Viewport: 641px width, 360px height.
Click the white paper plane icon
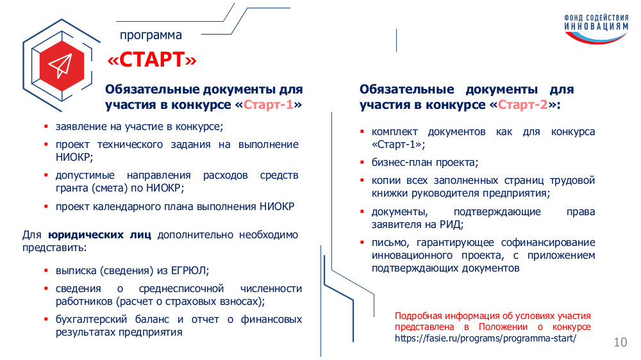pos(60,65)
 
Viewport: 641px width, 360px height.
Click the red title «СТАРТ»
pos(152,60)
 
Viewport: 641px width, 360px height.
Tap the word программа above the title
pos(151,35)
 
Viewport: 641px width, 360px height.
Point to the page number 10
pos(620,342)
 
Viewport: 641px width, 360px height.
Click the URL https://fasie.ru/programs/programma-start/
pos(485,338)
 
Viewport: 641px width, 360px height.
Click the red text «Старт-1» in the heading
pos(269,105)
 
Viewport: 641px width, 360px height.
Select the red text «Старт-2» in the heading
pos(523,105)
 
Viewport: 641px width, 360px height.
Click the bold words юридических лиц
pos(99,235)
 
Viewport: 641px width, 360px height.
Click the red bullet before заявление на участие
pos(46,126)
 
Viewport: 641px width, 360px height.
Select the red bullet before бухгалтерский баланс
pos(46,319)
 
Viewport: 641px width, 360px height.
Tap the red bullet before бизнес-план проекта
pos(362,162)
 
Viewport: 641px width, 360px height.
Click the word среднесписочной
pos(181,289)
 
